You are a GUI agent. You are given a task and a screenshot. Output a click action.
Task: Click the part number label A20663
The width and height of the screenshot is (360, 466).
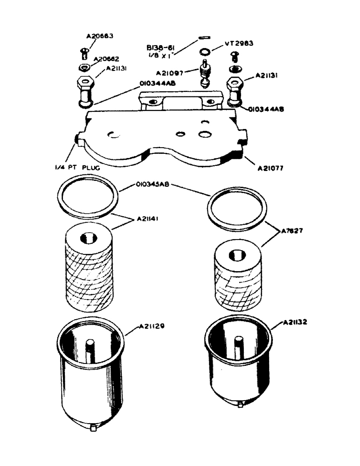click(x=100, y=36)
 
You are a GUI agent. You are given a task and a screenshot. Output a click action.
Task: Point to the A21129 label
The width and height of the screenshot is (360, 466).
click(x=152, y=327)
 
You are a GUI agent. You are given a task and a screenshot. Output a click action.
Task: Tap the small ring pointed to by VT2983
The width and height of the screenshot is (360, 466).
click(x=204, y=51)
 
